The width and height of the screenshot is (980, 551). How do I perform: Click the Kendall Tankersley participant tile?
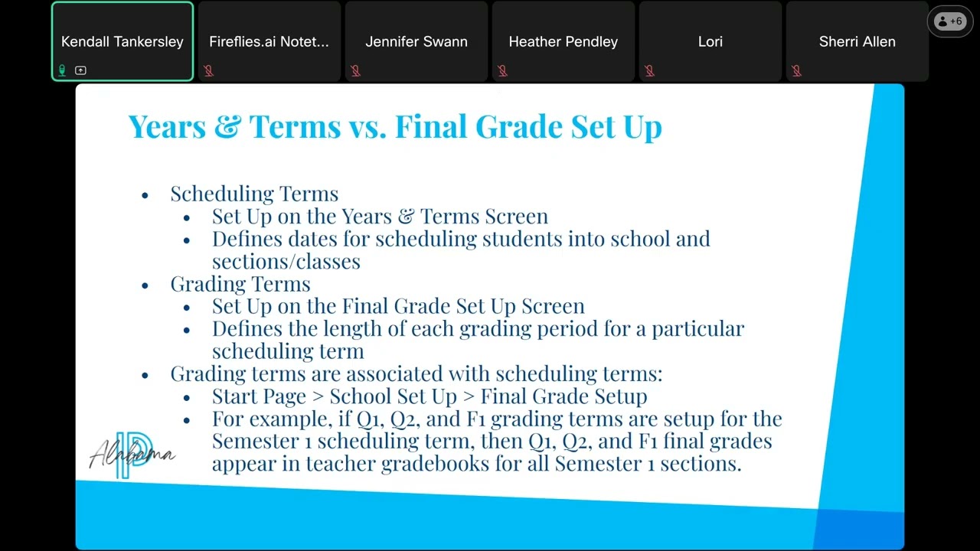point(122,41)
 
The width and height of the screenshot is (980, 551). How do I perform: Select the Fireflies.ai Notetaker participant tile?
point(269,41)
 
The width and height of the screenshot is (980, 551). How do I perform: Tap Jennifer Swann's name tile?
point(416,41)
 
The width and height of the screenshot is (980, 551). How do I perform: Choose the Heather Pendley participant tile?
point(563,41)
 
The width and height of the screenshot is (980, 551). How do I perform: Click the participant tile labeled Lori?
point(710,41)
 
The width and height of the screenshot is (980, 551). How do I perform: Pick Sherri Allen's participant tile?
point(857,41)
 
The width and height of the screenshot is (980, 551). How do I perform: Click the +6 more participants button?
point(949,21)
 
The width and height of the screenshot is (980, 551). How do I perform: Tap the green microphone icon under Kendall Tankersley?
point(62,70)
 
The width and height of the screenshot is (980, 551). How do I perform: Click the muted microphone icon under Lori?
point(649,70)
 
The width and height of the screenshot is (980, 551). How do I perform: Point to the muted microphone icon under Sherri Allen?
point(796,70)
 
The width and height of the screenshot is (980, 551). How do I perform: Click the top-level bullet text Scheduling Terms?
point(254,194)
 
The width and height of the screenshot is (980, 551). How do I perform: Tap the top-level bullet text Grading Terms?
point(240,284)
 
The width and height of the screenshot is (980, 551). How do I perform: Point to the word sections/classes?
point(286,262)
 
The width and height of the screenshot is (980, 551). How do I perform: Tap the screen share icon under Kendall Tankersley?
point(80,70)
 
